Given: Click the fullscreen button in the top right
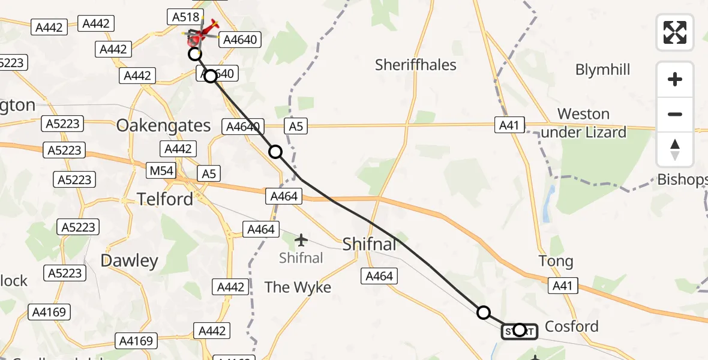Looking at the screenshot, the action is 675,32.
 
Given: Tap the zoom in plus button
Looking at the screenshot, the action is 675,79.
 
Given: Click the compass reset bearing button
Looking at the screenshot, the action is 675,149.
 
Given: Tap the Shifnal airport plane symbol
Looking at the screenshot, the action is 301,241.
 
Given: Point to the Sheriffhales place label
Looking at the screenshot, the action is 416,65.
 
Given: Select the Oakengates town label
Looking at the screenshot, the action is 163,125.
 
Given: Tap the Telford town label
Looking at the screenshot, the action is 165,199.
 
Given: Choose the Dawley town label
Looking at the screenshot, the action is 130,260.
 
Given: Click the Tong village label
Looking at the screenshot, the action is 556,262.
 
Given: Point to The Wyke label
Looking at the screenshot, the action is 298,287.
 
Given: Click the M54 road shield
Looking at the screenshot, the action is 161,171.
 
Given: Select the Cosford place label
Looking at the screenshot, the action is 571,326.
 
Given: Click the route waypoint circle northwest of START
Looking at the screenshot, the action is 484,312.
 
